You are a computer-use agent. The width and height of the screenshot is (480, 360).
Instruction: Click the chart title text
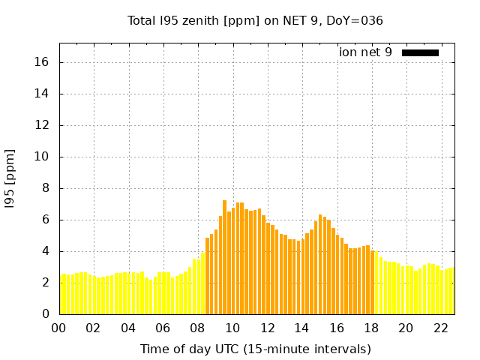[255, 21]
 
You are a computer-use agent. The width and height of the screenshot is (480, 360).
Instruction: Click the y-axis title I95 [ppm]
[10, 178]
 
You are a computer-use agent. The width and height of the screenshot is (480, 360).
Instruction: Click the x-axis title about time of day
[255, 349]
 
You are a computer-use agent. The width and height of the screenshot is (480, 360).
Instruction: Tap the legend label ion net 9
[365, 52]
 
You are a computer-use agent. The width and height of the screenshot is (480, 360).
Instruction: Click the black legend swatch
[420, 52]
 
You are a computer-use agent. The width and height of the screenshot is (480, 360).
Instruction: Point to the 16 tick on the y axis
[42, 62]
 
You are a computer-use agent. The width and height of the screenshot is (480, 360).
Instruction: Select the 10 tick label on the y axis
[42, 157]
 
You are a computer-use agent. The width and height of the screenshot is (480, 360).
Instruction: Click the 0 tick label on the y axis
[45, 314]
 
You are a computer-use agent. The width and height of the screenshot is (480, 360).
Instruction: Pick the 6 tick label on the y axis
[45, 220]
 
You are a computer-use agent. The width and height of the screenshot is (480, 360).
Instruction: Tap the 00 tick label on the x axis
[58, 328]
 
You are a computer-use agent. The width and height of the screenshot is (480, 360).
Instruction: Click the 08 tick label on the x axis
[197, 328]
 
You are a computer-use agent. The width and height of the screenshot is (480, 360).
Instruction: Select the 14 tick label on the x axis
[301, 328]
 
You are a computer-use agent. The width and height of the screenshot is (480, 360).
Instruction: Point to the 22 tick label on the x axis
[440, 328]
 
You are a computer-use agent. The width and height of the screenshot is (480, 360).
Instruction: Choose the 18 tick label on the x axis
[370, 328]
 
